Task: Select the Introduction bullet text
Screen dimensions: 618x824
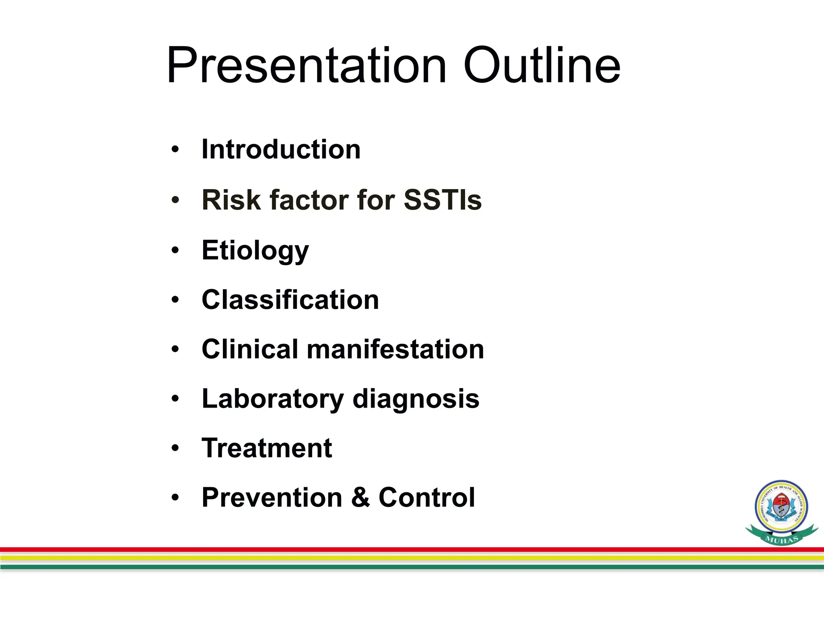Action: pyautogui.click(x=281, y=149)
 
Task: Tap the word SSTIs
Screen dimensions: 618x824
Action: pyautogui.click(x=442, y=200)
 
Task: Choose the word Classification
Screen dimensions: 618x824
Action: pyautogui.click(x=290, y=300)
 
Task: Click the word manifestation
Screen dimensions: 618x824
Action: pyautogui.click(x=396, y=349)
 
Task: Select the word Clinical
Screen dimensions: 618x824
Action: pyautogui.click(x=249, y=349)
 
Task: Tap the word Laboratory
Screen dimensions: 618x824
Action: pyautogui.click(x=272, y=399)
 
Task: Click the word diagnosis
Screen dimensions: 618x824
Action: pyautogui.click(x=416, y=399)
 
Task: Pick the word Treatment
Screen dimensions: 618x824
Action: pyautogui.click(x=267, y=448)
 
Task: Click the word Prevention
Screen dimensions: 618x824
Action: pyautogui.click(x=272, y=497)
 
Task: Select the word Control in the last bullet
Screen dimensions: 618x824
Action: pyautogui.click(x=426, y=497)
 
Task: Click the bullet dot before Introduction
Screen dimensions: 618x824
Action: pyautogui.click(x=175, y=150)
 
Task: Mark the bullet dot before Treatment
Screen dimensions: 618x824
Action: pyautogui.click(x=175, y=448)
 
